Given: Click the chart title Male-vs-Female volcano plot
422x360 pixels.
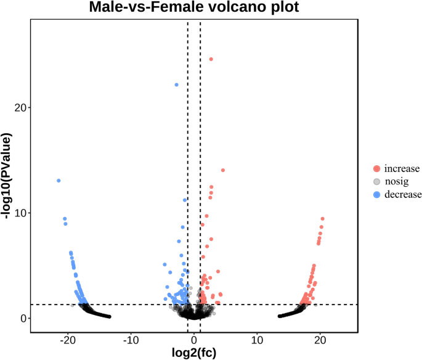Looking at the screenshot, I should point(193,8).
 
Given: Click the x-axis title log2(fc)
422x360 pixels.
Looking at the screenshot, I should point(193,353).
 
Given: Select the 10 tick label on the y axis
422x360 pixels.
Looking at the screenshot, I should point(18,213).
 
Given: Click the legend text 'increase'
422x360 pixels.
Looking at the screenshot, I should point(401,168).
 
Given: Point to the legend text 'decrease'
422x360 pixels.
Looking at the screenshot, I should point(403,194).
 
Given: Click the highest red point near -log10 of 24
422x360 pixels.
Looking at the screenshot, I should point(211,59).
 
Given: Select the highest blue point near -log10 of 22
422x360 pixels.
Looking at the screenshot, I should point(176,85).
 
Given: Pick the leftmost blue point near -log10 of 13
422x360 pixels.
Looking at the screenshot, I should point(59,181).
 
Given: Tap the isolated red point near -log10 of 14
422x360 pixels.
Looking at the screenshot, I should point(223,170).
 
